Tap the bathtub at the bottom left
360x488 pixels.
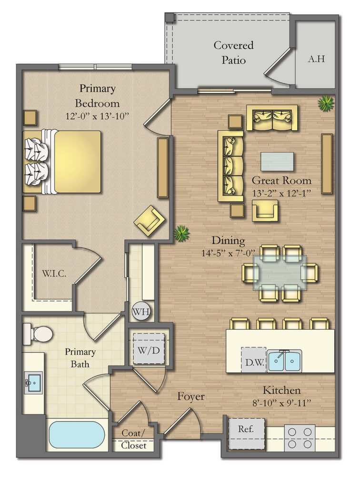(77, 435)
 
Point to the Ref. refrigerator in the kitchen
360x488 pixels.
(246, 433)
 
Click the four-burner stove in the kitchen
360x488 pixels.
(300, 437)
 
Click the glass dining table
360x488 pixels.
(280, 273)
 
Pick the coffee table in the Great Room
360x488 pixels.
(277, 161)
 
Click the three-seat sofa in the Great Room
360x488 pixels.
(230, 165)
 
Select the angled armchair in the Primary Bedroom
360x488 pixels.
(149, 221)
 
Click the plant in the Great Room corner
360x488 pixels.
(326, 103)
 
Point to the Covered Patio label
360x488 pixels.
(233, 52)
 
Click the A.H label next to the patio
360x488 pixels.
(316, 59)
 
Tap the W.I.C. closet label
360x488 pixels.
(54, 274)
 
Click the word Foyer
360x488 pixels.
(191, 396)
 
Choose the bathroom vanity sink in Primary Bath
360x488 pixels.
(34, 382)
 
